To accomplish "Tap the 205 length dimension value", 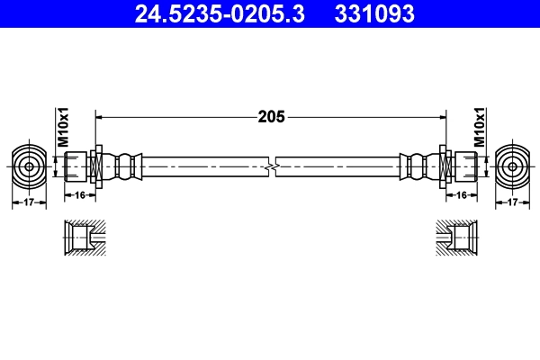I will (x=271, y=116).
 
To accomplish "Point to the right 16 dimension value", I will (x=462, y=193).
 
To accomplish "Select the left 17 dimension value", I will (x=29, y=203).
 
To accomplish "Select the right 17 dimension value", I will (x=511, y=203).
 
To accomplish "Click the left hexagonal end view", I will (x=29, y=166).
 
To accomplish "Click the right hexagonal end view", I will (x=512, y=166).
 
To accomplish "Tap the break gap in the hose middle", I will (x=271, y=166).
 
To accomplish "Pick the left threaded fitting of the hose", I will (x=78, y=166).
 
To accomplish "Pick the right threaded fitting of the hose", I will (x=462, y=166).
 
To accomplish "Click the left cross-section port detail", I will (x=84, y=239).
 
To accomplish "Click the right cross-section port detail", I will (x=456, y=239).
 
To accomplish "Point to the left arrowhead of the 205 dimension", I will (x=99, y=116).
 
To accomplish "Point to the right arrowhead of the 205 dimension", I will (x=443, y=116).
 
